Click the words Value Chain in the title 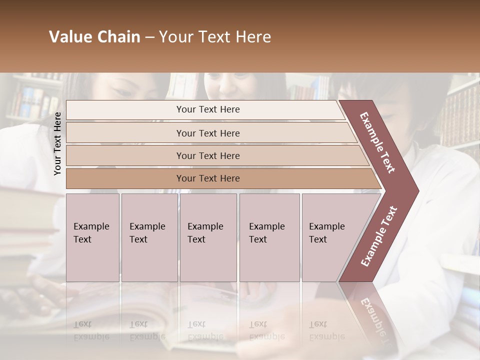(94, 37)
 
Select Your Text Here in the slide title (215, 37)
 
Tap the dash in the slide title (149, 37)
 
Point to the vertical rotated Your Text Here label (58, 143)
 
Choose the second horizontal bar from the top (207, 133)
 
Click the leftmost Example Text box (92, 237)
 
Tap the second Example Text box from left (149, 237)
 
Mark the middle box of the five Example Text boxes (208, 237)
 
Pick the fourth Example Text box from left (269, 237)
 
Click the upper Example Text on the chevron (377, 142)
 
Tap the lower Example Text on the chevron (378, 236)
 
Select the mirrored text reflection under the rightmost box (327, 330)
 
